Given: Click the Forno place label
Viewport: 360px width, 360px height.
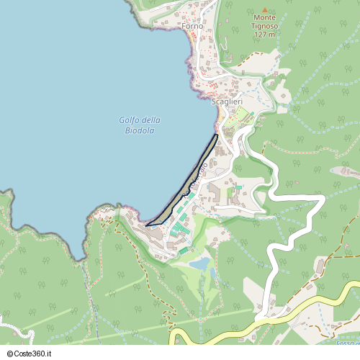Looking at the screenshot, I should [x=193, y=27].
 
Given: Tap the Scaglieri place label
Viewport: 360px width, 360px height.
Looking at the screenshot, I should [x=227, y=102].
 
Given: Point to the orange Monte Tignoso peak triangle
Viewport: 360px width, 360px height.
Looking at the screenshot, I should [x=264, y=9].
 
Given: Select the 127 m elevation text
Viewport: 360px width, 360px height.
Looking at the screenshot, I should [x=264, y=34].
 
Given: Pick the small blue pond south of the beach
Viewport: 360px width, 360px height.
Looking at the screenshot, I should [x=201, y=264].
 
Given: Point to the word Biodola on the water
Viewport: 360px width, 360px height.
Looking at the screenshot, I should [x=140, y=130].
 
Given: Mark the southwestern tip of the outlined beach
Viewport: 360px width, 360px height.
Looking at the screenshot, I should [x=148, y=225].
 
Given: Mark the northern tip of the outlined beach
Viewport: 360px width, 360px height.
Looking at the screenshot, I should [x=217, y=135].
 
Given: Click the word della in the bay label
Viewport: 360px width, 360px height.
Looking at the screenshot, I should [x=151, y=120].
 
